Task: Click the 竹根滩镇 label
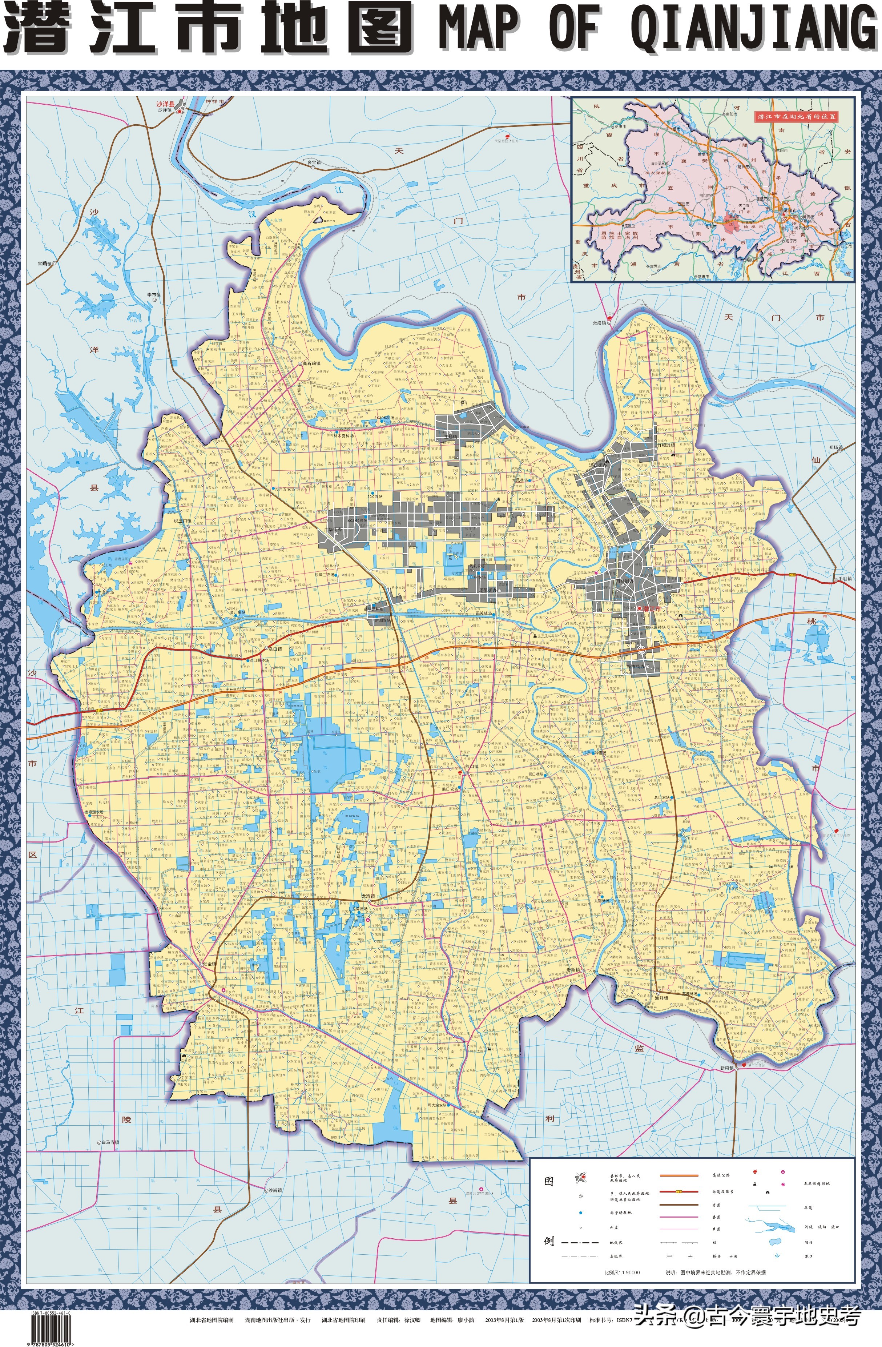[x=666, y=445]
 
